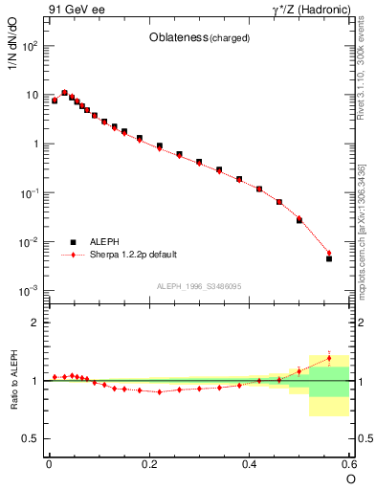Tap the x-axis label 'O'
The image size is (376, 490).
click(350, 478)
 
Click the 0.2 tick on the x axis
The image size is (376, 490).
click(148, 463)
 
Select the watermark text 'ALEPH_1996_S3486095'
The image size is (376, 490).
click(198, 287)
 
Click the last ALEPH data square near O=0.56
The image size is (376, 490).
click(329, 258)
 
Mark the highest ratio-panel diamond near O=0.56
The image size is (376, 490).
click(329, 359)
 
